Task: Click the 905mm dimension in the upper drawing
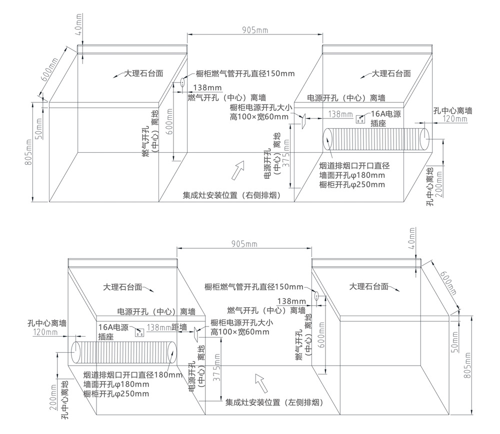click(255, 30)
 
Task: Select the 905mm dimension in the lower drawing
click(244, 243)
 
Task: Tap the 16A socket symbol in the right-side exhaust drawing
click(359, 120)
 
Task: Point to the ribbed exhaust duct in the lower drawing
click(123, 353)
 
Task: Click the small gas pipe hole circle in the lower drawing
click(316, 295)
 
